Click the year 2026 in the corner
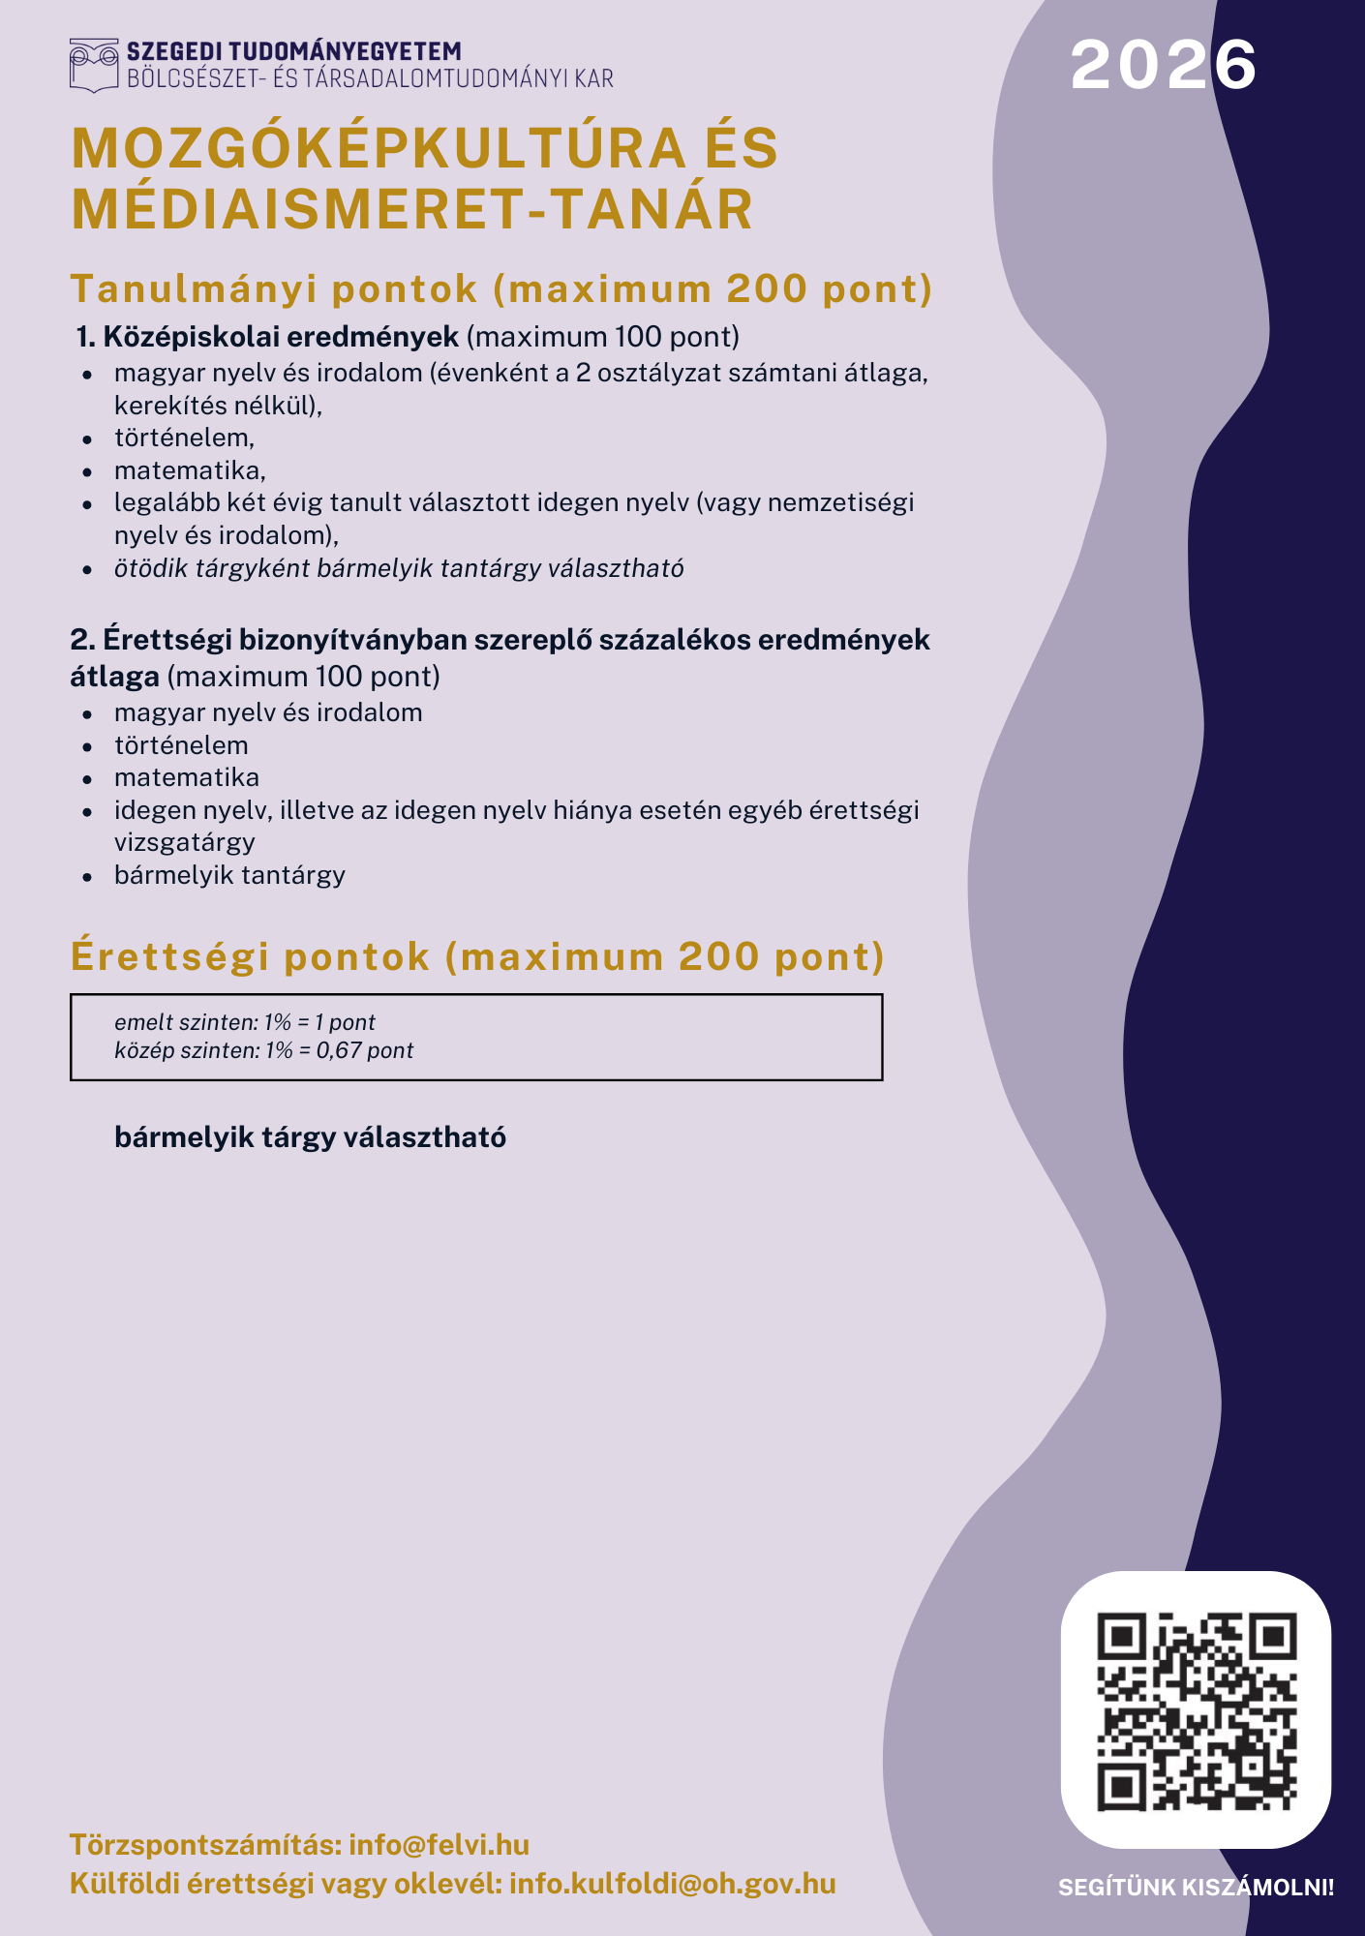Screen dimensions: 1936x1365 coord(1163,66)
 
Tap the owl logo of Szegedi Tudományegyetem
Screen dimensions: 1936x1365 coord(94,65)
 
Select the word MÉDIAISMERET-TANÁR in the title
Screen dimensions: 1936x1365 coord(412,210)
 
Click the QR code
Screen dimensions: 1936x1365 coord(1196,1710)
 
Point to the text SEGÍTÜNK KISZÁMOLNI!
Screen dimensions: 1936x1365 coord(1196,1887)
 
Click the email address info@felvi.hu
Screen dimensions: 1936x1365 coord(439,1844)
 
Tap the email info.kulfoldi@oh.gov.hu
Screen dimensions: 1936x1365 coord(672,1883)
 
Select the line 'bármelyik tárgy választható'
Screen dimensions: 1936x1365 coord(310,1136)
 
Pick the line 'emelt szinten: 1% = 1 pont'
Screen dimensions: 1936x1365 coord(244,1022)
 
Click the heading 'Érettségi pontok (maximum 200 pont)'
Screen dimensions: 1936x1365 coord(477,956)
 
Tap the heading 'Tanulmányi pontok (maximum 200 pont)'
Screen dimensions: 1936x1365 coord(501,289)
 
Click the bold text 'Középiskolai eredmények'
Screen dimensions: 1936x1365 coord(280,337)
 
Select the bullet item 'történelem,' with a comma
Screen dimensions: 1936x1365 coord(184,438)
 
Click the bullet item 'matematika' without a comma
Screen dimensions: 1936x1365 coord(186,777)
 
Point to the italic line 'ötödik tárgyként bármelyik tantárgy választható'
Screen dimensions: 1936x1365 coord(399,568)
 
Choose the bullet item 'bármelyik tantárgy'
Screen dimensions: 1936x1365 coord(229,875)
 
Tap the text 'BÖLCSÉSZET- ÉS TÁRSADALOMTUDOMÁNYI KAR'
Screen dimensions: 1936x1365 coord(370,78)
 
